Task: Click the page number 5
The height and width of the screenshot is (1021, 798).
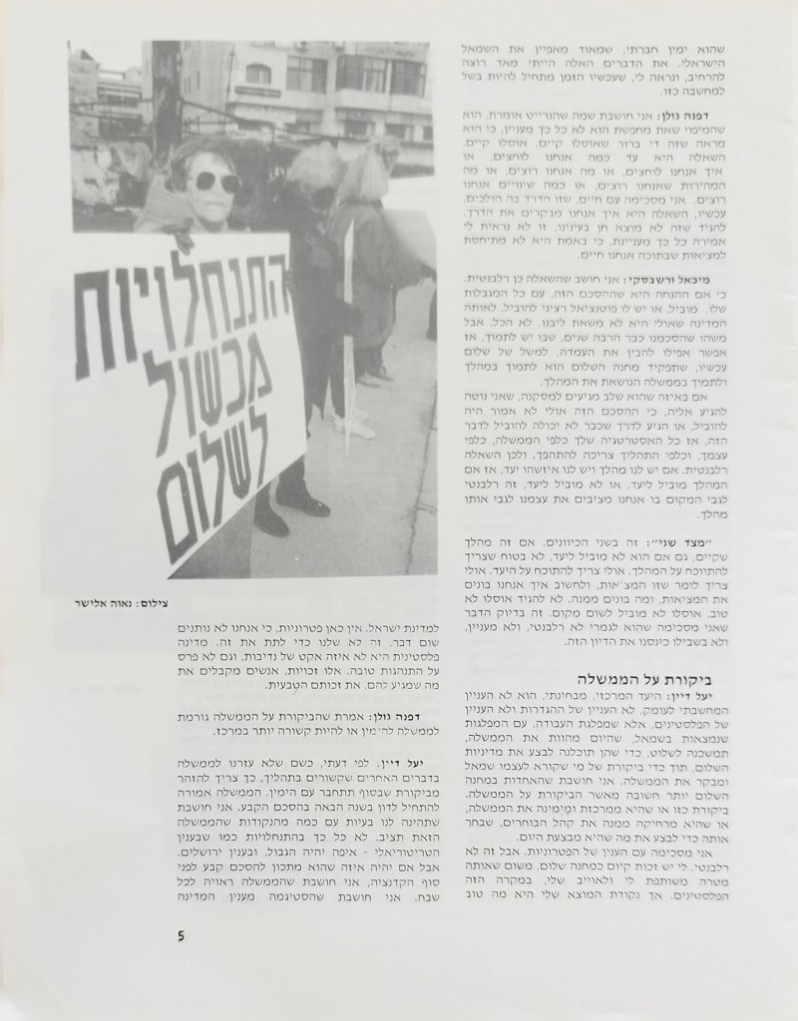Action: click(x=181, y=934)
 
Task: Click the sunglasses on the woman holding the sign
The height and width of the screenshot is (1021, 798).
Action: click(x=215, y=182)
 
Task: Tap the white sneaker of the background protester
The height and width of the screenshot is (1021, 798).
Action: click(x=352, y=427)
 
